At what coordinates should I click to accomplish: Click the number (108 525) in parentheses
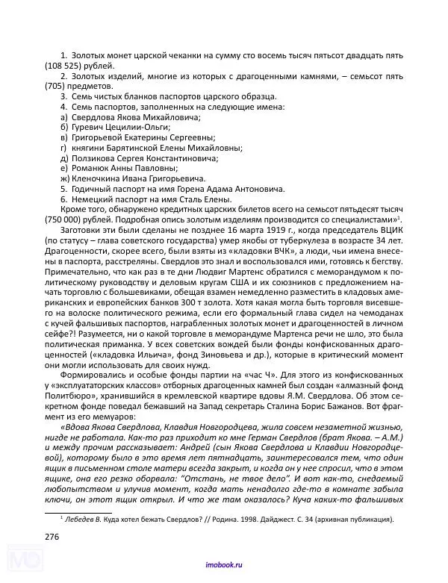(62, 66)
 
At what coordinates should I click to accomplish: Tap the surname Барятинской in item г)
(132, 148)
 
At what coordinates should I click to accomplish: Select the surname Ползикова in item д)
(93, 158)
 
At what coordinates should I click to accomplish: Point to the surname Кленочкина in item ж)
(98, 179)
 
